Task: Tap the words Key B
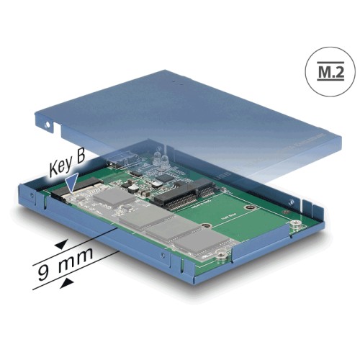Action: click(x=69, y=168)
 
